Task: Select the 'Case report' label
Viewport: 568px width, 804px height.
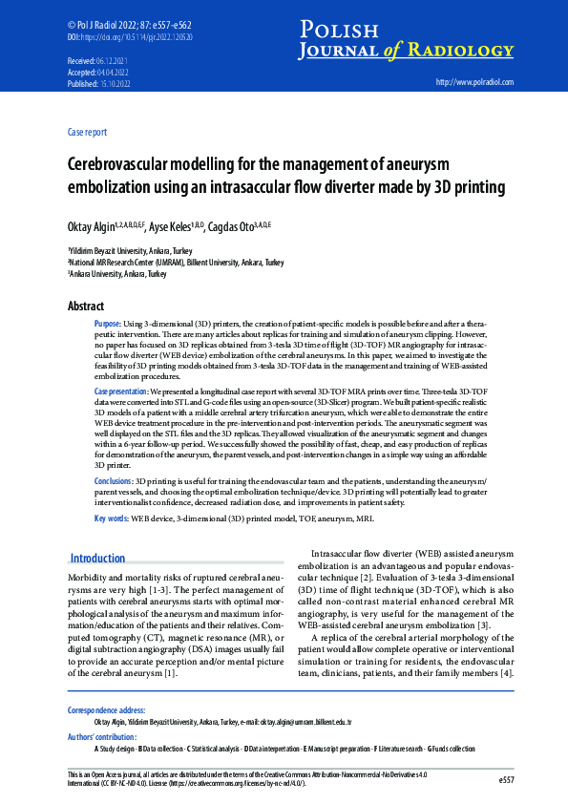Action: point(88,132)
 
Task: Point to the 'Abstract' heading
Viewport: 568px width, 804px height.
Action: point(87,307)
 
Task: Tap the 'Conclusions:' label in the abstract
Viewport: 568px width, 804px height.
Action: point(114,481)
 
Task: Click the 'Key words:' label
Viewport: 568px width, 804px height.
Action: point(112,518)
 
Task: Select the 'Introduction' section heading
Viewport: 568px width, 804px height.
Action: point(98,558)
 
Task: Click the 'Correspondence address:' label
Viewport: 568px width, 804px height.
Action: point(108,710)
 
